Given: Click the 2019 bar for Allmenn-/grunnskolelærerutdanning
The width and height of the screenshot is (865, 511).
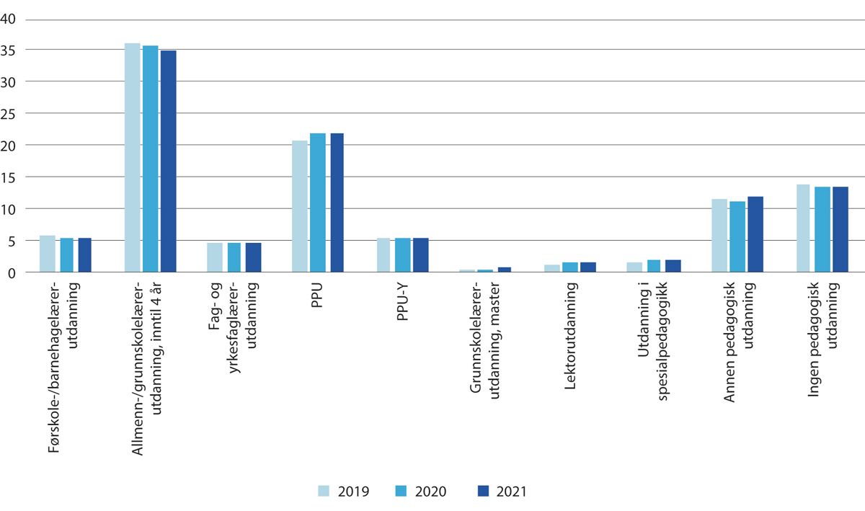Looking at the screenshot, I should tap(132, 158).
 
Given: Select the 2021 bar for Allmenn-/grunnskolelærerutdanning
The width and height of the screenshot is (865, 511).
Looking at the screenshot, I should tap(169, 161).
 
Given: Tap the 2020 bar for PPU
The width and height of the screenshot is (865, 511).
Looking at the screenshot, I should tap(318, 203).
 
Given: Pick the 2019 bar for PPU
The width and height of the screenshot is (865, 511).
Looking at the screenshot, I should tap(300, 206).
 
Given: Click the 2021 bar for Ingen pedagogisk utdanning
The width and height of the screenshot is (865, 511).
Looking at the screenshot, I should tap(840, 229).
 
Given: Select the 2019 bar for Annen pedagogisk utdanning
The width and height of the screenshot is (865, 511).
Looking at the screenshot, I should tap(719, 236).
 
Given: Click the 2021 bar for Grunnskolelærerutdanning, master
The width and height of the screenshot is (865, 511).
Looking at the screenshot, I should tap(505, 270).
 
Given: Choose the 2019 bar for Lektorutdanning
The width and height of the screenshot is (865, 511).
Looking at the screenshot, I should tap(552, 268).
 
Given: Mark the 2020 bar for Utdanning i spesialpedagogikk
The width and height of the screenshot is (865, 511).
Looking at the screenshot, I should tap(655, 266).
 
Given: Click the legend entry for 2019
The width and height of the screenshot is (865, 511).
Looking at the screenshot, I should tap(344, 492).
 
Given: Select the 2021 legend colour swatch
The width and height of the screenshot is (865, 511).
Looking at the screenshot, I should tap(484, 491).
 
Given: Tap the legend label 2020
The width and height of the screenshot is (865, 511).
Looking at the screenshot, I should tap(432, 492).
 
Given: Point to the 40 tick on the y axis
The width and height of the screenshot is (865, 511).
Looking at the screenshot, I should tap(9, 19).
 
